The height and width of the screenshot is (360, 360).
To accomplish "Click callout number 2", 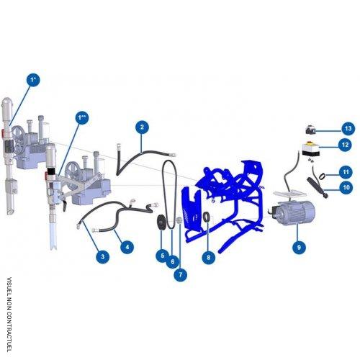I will (142, 127).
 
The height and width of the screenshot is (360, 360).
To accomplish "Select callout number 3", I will (103, 256).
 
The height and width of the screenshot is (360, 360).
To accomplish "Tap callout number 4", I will (127, 247).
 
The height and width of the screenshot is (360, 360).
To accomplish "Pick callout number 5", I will (163, 255).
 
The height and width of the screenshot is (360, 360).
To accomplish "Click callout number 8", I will (208, 256).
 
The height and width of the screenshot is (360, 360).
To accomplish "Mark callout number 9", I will (297, 247).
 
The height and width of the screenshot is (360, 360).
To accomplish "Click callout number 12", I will (346, 145).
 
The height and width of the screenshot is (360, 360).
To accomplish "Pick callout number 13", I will (347, 128).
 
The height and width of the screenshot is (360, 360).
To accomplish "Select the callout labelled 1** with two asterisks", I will (82, 117).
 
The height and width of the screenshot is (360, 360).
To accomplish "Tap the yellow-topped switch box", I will (312, 153).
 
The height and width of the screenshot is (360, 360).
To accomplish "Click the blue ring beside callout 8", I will (207, 217).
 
